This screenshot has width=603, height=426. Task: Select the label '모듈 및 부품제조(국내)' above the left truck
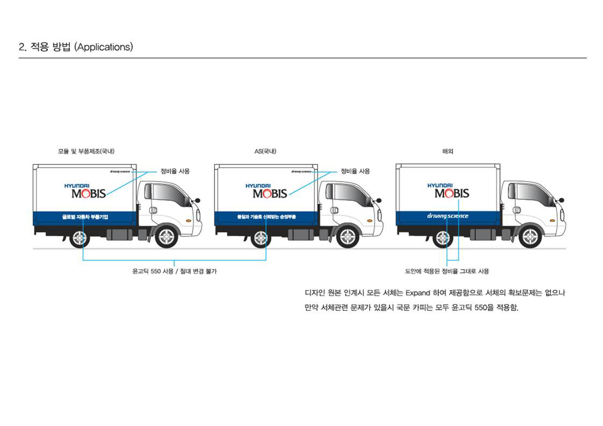86,151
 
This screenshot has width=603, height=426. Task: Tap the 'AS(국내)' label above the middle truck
265,151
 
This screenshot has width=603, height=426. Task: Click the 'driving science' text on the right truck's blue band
448,216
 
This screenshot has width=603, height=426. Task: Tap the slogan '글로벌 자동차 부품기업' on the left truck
85,217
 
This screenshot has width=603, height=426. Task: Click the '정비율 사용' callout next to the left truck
175,171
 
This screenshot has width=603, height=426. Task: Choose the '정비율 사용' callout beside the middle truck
355,171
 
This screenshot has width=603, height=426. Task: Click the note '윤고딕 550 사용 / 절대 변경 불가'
175,271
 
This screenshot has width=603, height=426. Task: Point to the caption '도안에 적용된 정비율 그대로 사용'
447,271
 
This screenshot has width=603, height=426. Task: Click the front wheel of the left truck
166,237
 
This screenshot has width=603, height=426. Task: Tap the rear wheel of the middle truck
261,237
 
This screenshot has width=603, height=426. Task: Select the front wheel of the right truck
529,237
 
